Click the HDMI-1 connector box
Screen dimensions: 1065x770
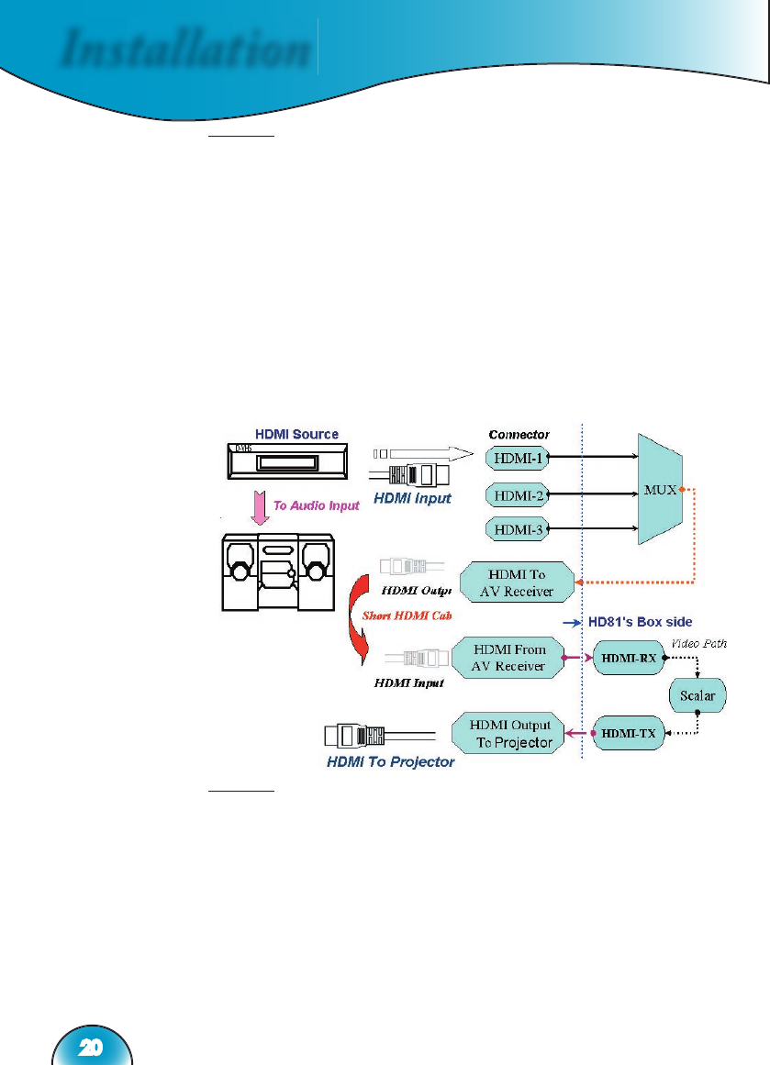[519, 456]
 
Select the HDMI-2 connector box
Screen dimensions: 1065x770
[519, 496]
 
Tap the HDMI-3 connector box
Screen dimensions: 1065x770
[519, 529]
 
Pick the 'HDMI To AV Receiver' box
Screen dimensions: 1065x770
[518, 583]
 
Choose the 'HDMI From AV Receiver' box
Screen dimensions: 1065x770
[509, 658]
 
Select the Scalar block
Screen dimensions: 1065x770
[697, 694]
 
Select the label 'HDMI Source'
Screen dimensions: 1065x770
[296, 434]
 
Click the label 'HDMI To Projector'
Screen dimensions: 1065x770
[390, 762]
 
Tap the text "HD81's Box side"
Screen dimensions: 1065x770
[640, 622]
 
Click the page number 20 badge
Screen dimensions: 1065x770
[91, 1046]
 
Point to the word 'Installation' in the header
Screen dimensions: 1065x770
[183, 50]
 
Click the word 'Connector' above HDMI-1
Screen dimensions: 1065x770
[519, 434]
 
